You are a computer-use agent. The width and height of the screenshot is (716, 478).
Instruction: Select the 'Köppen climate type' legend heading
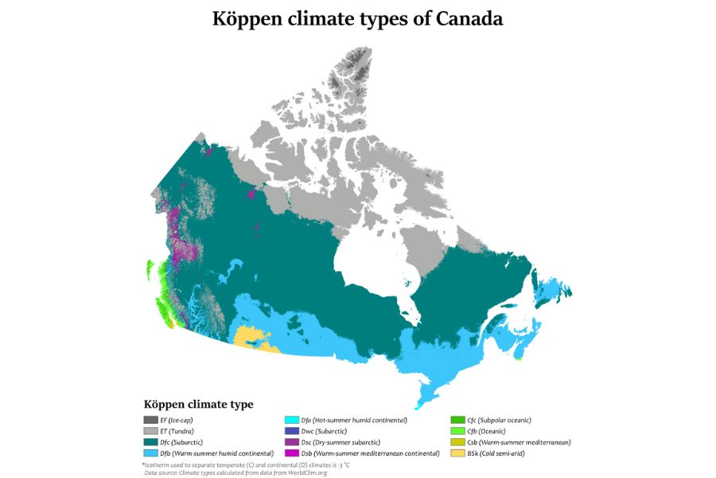click(x=198, y=405)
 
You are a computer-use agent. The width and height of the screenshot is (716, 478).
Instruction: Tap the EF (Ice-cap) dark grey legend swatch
click(x=150, y=420)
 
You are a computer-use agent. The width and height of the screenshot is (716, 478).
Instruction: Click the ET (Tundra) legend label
click(x=177, y=431)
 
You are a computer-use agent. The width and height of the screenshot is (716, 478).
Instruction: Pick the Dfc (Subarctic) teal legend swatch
click(x=150, y=442)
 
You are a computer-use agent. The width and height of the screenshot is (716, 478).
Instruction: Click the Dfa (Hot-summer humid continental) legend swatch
click(x=291, y=420)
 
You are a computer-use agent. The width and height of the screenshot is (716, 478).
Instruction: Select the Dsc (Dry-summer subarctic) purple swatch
click(x=291, y=442)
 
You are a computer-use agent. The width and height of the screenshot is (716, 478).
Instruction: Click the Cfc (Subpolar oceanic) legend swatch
click(x=457, y=420)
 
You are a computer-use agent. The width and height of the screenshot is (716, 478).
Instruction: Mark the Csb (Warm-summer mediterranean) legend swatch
click(x=457, y=442)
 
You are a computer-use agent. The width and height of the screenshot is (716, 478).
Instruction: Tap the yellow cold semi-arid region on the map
click(x=253, y=338)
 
